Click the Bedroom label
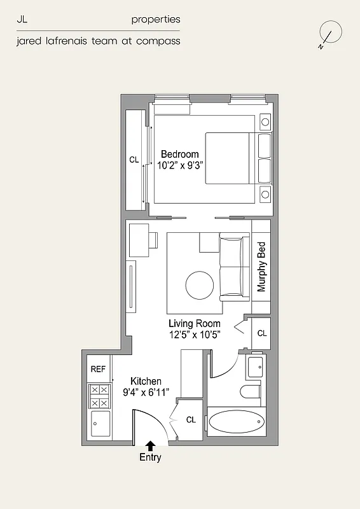pos(179,154)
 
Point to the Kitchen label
pos(146,381)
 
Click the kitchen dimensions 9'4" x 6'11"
pos(146,393)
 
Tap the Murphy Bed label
pos(261,267)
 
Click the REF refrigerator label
pos(98,369)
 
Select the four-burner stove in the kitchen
pos(99,396)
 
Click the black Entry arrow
pos(151,445)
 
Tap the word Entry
pos(151,457)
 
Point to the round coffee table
pos(200,286)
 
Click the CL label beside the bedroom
pos(134,160)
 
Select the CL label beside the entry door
pos(191,420)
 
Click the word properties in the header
pos(156,20)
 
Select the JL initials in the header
pos(22,20)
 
